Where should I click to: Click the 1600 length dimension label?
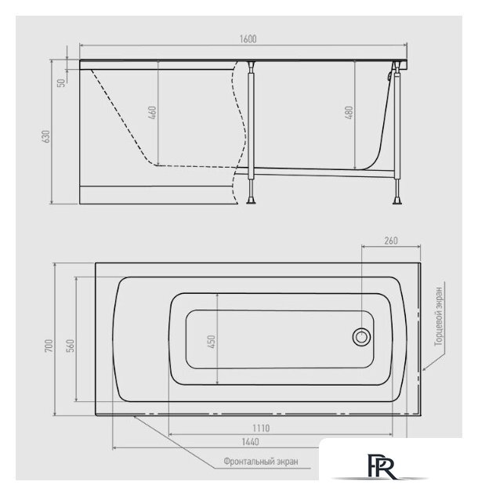click(248, 39)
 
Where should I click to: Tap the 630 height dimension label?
click(46, 136)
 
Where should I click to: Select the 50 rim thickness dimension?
click(61, 82)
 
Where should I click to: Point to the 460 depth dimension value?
click(152, 113)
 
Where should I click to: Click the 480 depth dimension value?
click(349, 113)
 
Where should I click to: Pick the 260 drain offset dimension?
click(391, 241)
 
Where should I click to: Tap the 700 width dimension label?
click(49, 346)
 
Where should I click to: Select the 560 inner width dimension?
click(71, 346)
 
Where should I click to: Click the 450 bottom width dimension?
click(211, 342)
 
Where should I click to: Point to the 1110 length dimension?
click(261, 429)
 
